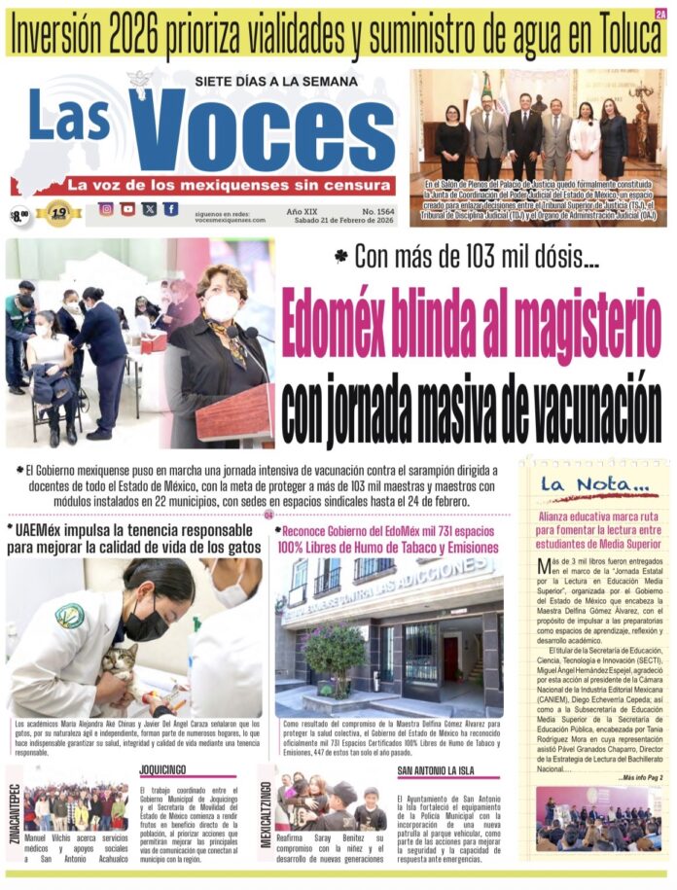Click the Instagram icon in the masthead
tap(105, 209)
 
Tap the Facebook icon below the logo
tap(170, 209)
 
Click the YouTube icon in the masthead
tap(127, 209)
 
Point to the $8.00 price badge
tap(18, 215)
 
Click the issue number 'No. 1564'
tap(369, 209)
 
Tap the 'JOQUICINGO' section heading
tap(165, 768)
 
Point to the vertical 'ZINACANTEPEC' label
tap(13, 811)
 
